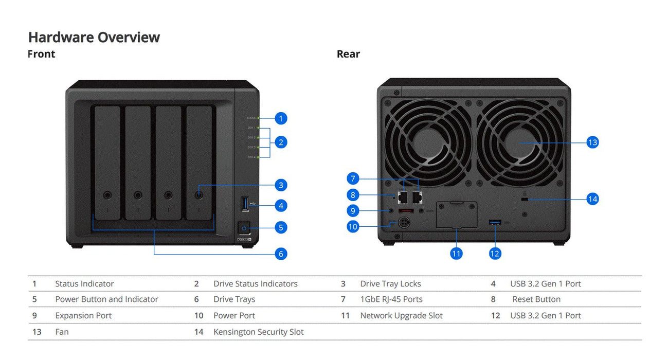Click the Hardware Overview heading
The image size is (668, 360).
click(x=94, y=37)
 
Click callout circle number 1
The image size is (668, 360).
click(x=280, y=118)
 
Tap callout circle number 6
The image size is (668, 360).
click(x=280, y=254)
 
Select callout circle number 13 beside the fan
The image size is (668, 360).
click(x=592, y=142)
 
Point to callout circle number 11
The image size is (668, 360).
click(x=456, y=254)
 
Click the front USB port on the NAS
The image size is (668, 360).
click(x=245, y=203)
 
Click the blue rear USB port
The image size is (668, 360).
click(x=495, y=222)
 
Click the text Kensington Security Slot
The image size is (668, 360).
click(x=258, y=332)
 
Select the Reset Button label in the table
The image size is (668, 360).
click(x=536, y=299)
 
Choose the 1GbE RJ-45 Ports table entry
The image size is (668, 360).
click(x=391, y=299)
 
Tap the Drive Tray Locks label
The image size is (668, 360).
click(x=390, y=284)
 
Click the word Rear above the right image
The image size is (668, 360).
click(x=348, y=54)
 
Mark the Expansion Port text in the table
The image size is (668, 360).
click(x=83, y=316)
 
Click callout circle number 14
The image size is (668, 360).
click(x=592, y=199)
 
